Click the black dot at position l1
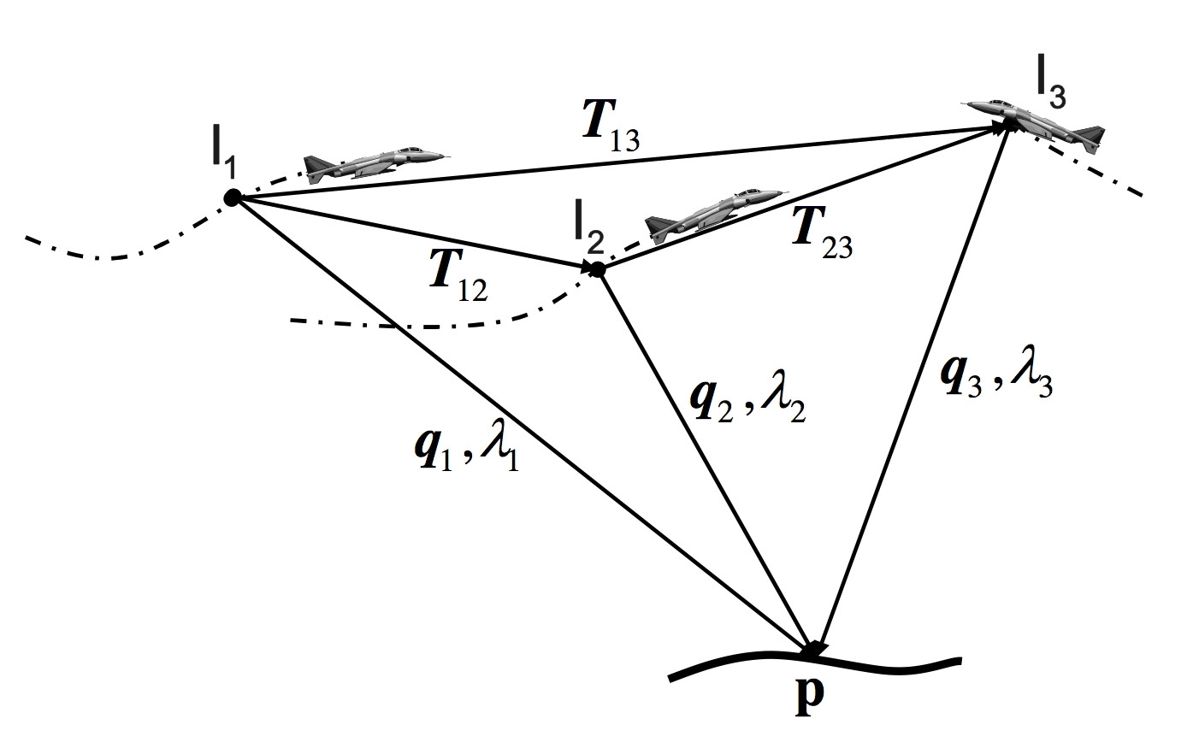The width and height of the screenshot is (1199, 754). pos(231,197)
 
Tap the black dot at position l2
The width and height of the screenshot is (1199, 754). pos(598,269)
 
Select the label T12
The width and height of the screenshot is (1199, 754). pos(458,274)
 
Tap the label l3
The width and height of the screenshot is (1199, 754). pos(1050,85)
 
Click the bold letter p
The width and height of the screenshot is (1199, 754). pos(809,692)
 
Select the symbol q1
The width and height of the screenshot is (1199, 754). pos(432,448)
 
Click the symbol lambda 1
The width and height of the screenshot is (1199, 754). pos(499,448)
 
